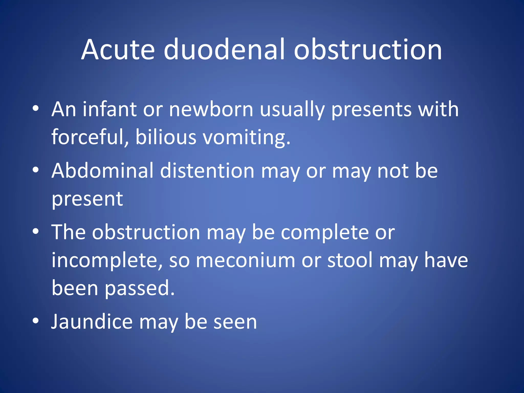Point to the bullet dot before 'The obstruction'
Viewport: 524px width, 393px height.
click(36, 231)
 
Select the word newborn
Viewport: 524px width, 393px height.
click(211, 109)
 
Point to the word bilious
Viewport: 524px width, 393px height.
click(166, 137)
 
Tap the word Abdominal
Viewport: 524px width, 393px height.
click(102, 171)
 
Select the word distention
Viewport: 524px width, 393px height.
click(207, 171)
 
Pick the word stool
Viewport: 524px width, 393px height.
click(350, 260)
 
